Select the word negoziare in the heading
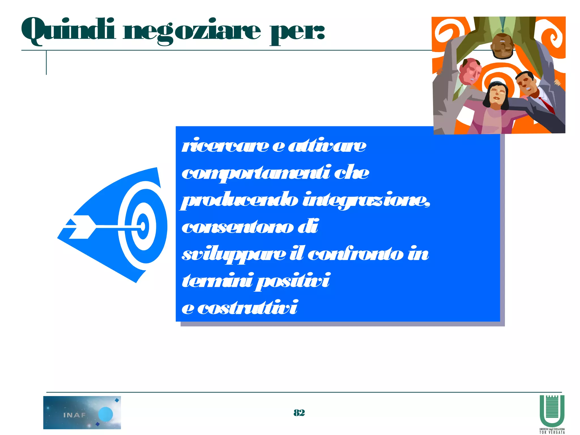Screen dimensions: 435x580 click(191, 31)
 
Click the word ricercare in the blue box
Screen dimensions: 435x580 click(225, 146)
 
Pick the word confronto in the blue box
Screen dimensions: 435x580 click(355, 254)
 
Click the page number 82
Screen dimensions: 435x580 click(299, 413)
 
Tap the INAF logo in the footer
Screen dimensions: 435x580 click(82, 412)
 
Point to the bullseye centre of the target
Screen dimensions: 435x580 click(143, 227)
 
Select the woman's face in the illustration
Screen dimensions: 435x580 click(498, 95)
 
